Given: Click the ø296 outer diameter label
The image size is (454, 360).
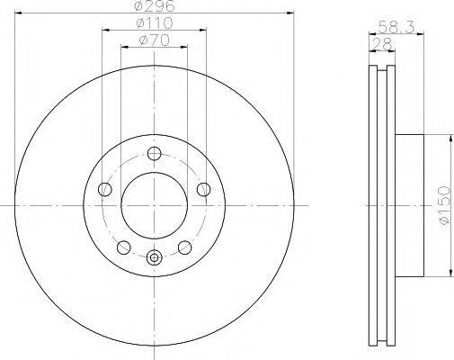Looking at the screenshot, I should tap(154, 7).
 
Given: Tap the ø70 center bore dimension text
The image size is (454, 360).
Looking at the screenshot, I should tap(154, 41).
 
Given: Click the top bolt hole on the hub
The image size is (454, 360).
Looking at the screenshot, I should tap(154, 153).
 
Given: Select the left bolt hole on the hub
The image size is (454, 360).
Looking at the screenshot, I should tap(105, 188).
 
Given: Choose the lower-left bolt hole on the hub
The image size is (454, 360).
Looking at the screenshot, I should tap(124, 246).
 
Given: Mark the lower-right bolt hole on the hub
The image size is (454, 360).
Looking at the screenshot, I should tap(184, 246).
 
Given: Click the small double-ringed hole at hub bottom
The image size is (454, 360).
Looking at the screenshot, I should tap(154, 258).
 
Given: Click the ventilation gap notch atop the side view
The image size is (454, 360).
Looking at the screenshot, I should tap(380, 70).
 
